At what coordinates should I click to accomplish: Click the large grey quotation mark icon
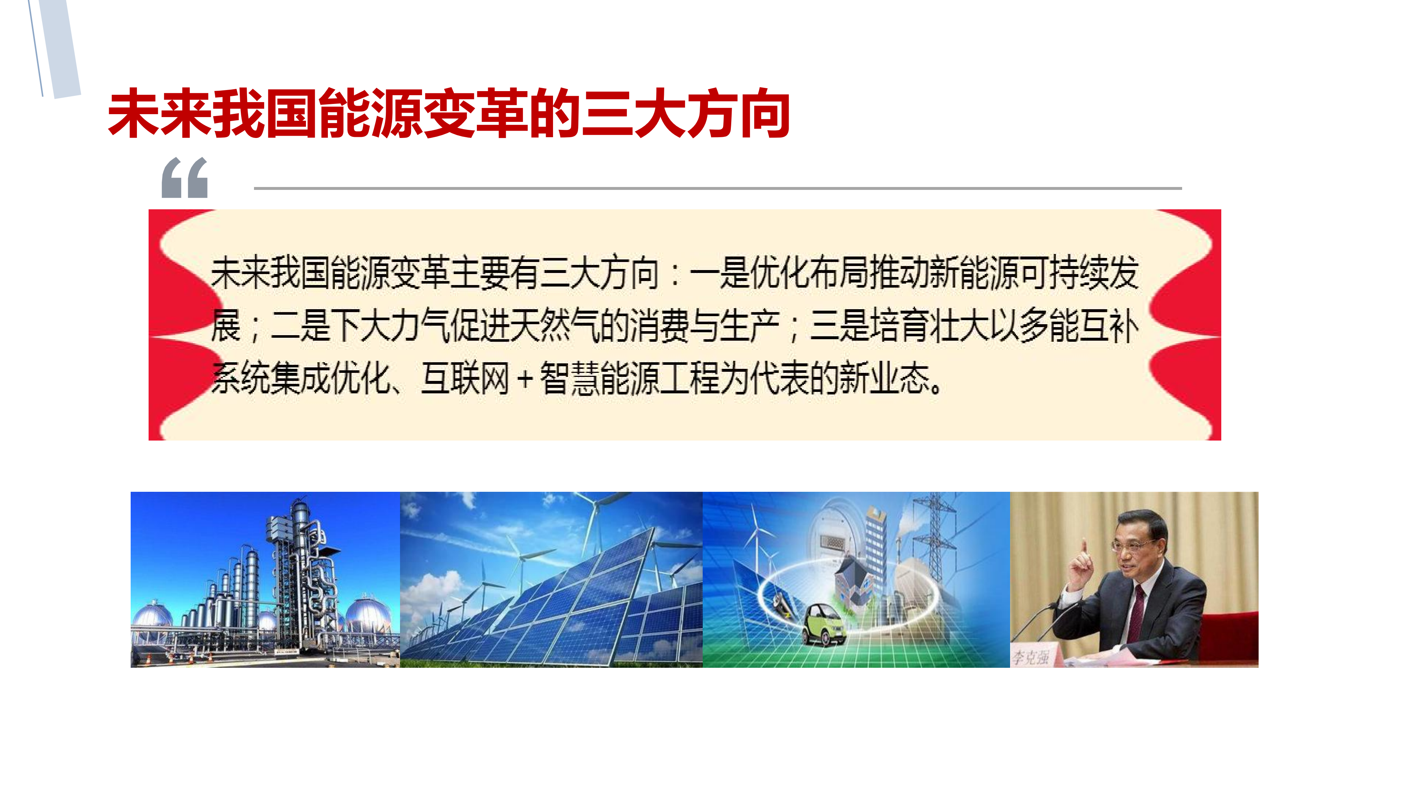click(x=185, y=178)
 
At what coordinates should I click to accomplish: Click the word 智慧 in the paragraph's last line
click(x=569, y=378)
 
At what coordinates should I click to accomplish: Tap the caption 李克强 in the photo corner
click(x=1031, y=657)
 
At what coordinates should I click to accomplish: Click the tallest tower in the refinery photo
click(x=300, y=567)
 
